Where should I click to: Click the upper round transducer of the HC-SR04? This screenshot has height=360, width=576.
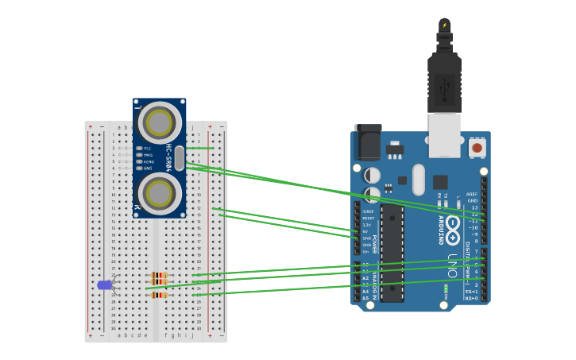(x=159, y=122)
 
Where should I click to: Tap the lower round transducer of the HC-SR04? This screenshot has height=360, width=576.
(x=159, y=193)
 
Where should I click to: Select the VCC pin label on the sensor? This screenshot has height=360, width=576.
(x=147, y=148)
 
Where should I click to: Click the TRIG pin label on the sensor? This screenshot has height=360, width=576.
(x=147, y=155)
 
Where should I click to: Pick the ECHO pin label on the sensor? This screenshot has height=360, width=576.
(x=148, y=161)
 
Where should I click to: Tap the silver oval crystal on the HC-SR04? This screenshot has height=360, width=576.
(x=180, y=157)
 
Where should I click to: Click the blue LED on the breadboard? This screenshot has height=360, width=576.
(x=104, y=285)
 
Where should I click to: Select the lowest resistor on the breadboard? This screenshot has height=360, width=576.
(x=159, y=295)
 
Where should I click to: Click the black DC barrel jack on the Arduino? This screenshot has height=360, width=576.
(x=367, y=141)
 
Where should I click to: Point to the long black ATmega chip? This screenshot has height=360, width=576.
(x=392, y=254)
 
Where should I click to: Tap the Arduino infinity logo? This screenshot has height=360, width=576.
(x=452, y=225)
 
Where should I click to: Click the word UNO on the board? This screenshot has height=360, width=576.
(x=452, y=262)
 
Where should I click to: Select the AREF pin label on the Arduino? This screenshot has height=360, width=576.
(x=472, y=194)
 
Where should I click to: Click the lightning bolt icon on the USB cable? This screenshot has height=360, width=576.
(x=444, y=25)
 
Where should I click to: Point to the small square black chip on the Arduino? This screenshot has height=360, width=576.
(x=439, y=182)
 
